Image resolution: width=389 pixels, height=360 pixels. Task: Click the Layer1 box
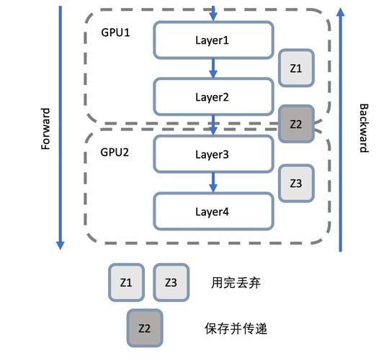point(213,40)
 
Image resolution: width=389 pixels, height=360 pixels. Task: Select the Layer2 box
point(213,96)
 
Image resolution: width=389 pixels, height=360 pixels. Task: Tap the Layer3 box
point(213,154)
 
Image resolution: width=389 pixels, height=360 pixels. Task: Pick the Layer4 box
point(213,212)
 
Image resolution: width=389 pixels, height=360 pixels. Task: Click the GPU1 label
point(115,34)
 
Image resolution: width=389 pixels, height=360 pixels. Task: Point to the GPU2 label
point(115,153)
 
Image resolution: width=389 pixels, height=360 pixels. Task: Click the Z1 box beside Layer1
point(295,68)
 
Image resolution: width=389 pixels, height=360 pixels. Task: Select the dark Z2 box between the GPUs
point(295,124)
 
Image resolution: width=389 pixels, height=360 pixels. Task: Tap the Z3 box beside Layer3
point(295,184)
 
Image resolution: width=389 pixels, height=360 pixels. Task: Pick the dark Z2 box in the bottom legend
point(144,328)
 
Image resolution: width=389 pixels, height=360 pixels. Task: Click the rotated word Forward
point(45,128)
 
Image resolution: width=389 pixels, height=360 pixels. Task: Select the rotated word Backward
point(363,128)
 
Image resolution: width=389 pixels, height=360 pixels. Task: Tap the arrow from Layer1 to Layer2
point(213,68)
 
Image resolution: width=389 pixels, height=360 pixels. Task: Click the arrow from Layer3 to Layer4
point(213,183)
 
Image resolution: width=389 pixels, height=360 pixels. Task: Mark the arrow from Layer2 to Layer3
point(213,125)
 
